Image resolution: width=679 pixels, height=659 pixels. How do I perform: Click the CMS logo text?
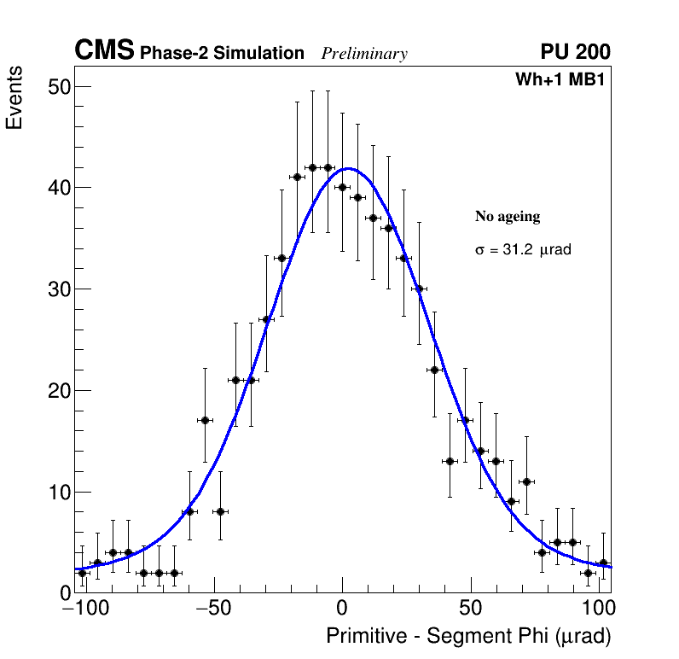point(104,51)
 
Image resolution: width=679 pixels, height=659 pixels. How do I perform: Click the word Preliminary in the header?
point(364,54)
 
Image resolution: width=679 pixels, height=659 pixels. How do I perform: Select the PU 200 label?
point(575,52)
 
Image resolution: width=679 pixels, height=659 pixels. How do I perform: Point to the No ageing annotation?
point(508,217)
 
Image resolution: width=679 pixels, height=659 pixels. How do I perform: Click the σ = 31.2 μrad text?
point(523,250)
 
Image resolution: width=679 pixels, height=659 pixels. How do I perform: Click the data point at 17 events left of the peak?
point(205,420)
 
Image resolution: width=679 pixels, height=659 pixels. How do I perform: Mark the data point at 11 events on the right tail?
point(526,481)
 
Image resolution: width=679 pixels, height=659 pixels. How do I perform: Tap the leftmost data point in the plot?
point(82,573)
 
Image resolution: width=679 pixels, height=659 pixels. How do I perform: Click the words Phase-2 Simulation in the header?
point(222,54)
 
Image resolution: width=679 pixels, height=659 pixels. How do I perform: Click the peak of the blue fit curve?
point(347,168)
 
